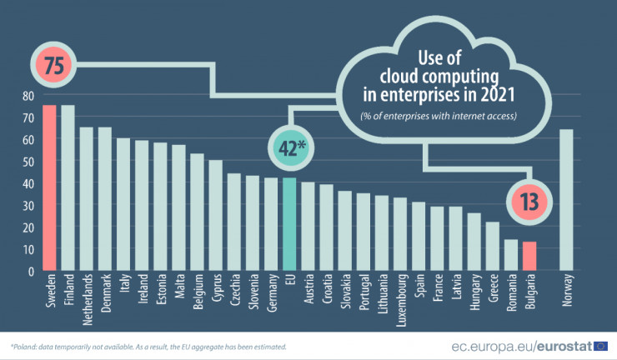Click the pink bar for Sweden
point(49,187)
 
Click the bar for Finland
point(68,187)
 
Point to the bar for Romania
point(511,254)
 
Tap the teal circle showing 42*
point(289,148)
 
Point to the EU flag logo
point(601,345)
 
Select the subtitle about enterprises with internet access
point(439,116)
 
